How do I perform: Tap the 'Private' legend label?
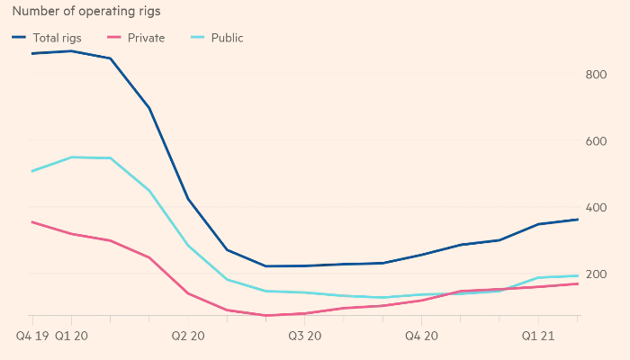(146, 38)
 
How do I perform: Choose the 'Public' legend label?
(227, 38)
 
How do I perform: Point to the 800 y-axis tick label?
(596, 75)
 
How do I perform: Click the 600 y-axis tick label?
(596, 141)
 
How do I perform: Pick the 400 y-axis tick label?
(596, 208)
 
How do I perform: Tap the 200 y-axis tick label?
(596, 274)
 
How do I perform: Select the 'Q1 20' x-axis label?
(71, 336)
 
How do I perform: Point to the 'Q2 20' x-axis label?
(188, 336)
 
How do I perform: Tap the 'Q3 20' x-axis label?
(305, 336)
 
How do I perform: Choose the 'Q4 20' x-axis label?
(421, 336)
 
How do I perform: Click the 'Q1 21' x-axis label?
(537, 336)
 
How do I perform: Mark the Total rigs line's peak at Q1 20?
(71, 51)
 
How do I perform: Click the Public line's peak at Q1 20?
(71, 157)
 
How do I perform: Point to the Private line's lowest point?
(266, 316)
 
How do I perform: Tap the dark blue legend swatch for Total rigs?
(19, 38)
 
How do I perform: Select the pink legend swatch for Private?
(113, 38)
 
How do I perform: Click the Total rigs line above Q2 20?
(188, 199)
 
